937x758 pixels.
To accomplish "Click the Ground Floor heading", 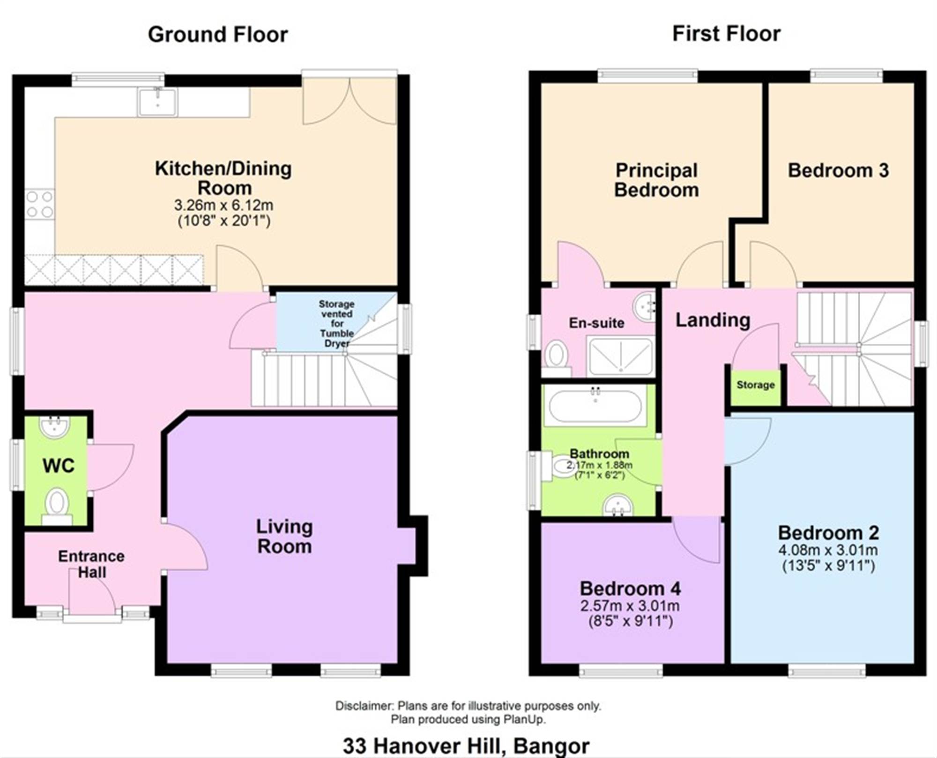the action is (x=218, y=35).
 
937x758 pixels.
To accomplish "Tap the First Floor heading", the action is (x=727, y=34).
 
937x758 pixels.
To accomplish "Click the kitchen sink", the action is (x=158, y=102).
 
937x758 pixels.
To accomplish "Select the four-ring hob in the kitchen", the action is (x=40, y=204).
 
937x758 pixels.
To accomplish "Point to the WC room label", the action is (x=59, y=466).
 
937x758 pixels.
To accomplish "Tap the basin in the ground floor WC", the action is (x=55, y=427).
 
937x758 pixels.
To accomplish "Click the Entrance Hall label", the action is (x=92, y=564).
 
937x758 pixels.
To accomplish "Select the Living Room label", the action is (x=284, y=537).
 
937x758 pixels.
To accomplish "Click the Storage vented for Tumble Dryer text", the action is (x=336, y=324).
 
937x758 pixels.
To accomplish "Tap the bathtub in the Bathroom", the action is (x=595, y=406).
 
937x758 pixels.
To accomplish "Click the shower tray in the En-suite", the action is (x=620, y=357).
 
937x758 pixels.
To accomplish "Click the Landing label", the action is (x=713, y=320).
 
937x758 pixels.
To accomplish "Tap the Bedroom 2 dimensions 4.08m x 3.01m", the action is (x=828, y=550).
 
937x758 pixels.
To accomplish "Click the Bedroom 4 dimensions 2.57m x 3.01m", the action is (x=630, y=606).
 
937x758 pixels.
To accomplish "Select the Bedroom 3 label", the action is (x=838, y=171).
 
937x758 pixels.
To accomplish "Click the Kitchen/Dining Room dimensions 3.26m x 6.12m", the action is (x=223, y=205).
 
